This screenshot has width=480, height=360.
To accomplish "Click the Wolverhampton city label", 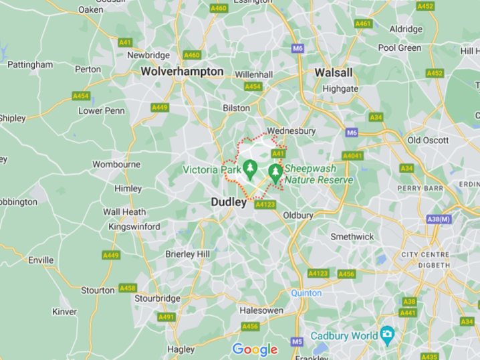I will tap(182, 71).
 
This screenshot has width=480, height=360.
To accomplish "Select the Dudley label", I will tap(229, 201).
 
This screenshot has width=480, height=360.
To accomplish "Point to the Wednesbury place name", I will tap(291, 131).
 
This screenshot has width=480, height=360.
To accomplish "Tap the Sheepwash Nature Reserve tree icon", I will tap(275, 173).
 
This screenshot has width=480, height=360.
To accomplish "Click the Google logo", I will tap(254, 349).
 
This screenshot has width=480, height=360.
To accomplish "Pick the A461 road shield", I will tap(363, 23).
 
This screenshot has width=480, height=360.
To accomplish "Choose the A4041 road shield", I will tap(352, 156).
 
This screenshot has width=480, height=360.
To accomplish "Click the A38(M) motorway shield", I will tap(439, 219).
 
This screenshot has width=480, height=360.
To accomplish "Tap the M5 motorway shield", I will tap(297, 342).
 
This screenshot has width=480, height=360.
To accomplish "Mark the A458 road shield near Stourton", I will tap(127, 288).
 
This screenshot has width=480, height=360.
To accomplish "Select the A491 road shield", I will tap(166, 317).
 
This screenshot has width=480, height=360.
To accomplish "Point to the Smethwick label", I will tap(352, 237).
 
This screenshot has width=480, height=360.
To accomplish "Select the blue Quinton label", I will tap(307, 293).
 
